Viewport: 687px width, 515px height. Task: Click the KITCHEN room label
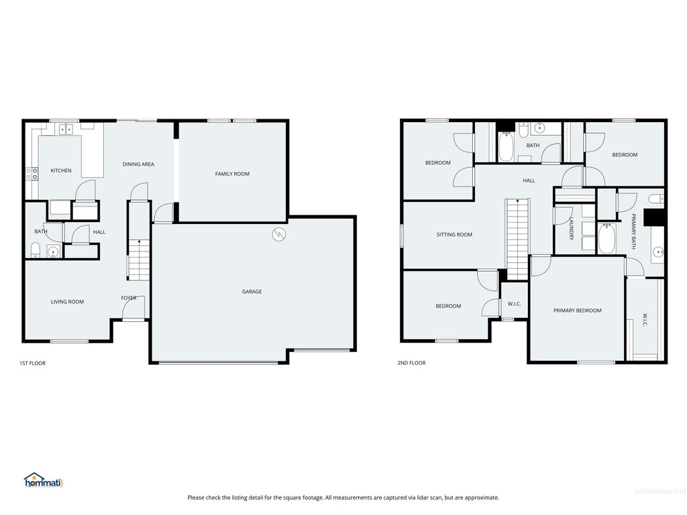(60, 171)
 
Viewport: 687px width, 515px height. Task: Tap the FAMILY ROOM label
(232, 174)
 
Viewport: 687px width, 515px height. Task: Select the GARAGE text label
(252, 292)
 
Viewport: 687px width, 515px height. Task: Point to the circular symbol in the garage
(279, 234)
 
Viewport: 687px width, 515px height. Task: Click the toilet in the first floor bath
(36, 251)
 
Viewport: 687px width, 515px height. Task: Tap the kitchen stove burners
(32, 174)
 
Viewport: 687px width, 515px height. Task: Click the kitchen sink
(65, 129)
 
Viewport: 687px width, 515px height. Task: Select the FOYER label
(128, 298)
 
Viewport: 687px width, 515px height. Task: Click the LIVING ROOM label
(67, 302)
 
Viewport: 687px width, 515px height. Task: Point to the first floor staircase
(138, 262)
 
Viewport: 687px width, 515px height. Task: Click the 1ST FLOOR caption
(32, 363)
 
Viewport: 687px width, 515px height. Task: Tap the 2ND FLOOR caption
(412, 363)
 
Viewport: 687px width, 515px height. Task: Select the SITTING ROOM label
(454, 235)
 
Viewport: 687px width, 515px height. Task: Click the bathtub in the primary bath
(606, 240)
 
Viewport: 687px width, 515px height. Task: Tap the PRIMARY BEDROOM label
(577, 310)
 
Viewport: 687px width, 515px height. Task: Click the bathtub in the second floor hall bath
(506, 148)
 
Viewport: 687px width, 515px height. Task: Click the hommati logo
(43, 480)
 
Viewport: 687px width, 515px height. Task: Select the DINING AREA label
(138, 164)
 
